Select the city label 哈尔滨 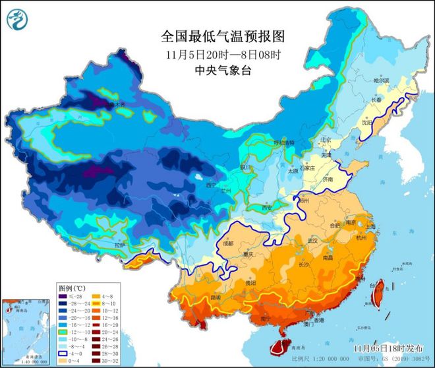(x=382, y=81)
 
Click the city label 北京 (x=324, y=140)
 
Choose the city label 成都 (x=228, y=243)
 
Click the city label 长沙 (x=304, y=264)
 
